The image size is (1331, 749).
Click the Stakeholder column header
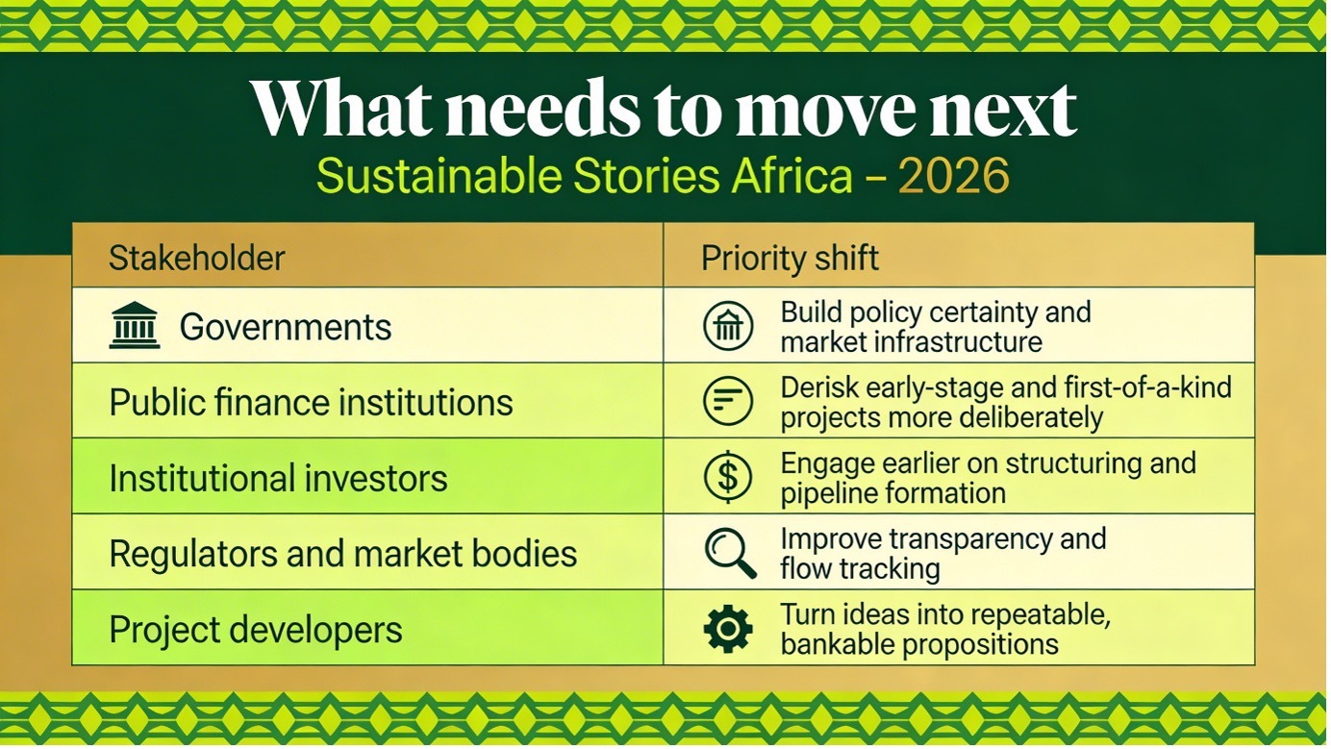197,258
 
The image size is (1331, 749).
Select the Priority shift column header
790,259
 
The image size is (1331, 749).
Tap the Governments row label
286,327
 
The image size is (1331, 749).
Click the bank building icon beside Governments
135,325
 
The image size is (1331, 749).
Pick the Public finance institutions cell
311,402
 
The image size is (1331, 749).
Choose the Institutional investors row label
278,478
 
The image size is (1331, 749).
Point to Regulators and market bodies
343,554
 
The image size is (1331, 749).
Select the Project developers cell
256,629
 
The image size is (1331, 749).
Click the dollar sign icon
727,476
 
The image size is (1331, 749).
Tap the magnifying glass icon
730,553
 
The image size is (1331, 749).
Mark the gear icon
728,629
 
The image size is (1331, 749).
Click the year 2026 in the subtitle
953,175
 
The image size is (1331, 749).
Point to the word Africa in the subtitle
791,175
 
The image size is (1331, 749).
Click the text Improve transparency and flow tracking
943,554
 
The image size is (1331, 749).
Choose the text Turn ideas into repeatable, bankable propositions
945,629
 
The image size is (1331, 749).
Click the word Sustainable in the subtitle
439,175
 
